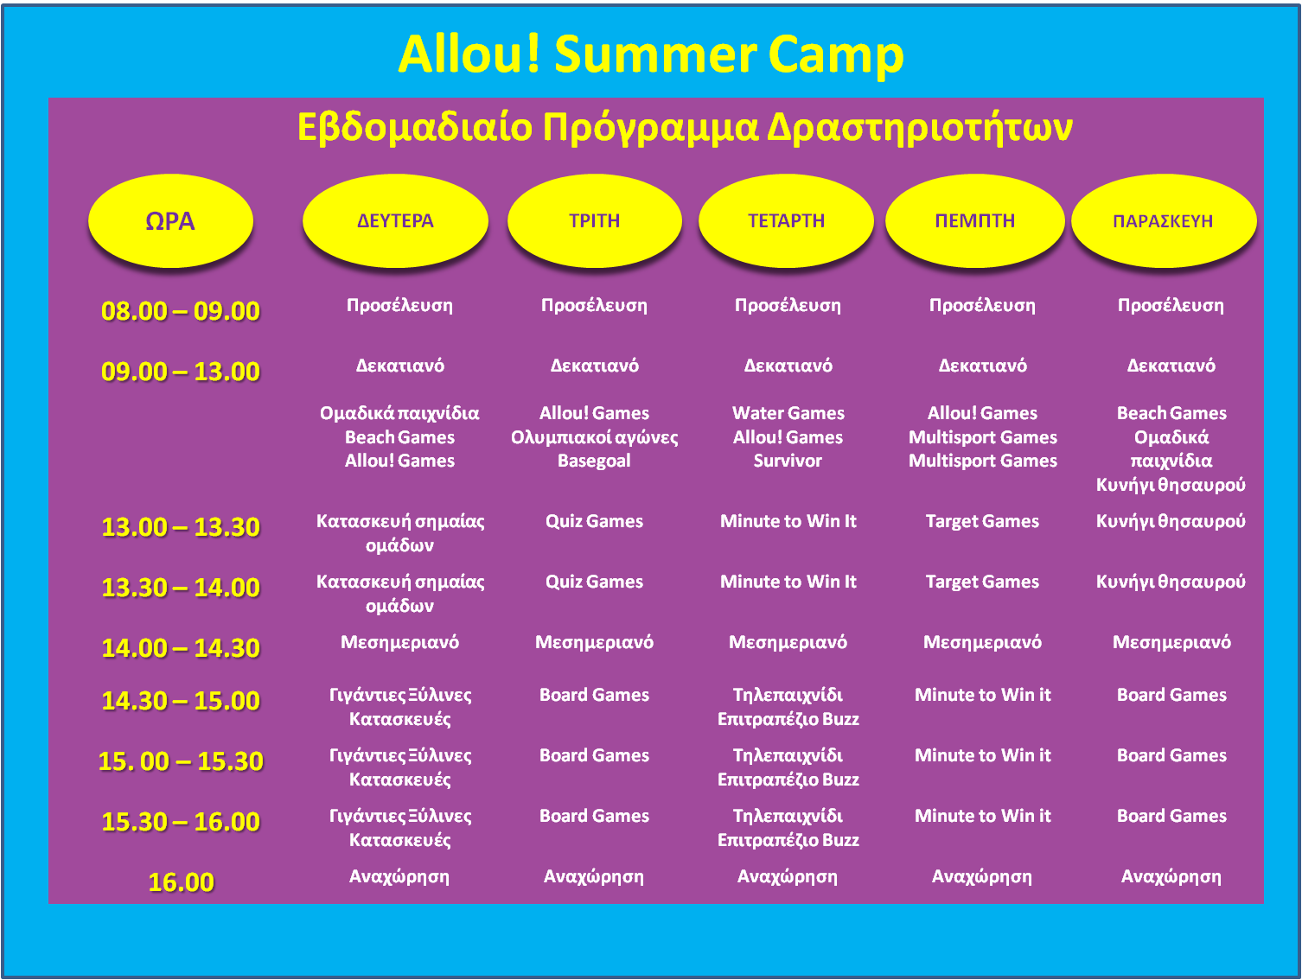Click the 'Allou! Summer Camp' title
point(650,54)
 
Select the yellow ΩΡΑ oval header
point(170,220)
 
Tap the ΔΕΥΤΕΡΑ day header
point(395,220)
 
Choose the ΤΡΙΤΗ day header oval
point(594,220)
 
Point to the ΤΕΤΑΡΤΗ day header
point(786,220)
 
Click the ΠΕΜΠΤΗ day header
point(974,220)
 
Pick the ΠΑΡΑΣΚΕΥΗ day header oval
point(1163,220)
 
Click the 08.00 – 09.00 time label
point(181,310)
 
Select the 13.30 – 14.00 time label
point(181,587)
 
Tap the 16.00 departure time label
point(181,881)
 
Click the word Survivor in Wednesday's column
point(788,460)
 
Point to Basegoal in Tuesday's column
point(594,461)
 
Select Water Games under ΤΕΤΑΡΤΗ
point(788,412)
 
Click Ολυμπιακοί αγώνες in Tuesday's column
point(594,437)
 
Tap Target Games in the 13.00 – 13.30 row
point(982,521)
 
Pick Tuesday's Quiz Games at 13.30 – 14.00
point(594,581)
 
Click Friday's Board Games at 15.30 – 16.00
point(1171,815)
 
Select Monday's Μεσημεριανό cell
point(399,642)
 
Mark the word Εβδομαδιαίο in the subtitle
point(415,127)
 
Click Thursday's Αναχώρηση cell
point(982,876)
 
